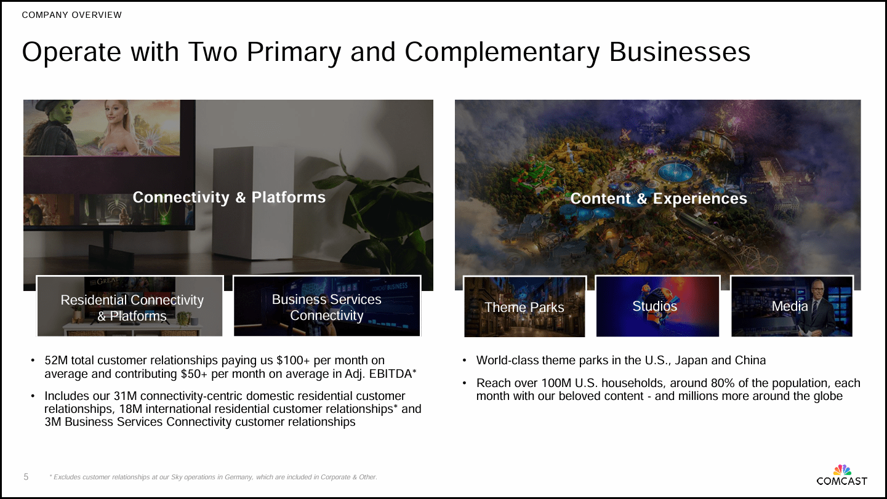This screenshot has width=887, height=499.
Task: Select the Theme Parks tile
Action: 524,306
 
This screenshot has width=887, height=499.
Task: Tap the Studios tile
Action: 657,306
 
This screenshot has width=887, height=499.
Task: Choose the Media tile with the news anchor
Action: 792,306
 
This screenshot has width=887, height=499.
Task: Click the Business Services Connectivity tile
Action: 327,306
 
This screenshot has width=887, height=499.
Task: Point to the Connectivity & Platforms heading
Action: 229,197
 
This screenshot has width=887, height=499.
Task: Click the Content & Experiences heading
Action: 658,198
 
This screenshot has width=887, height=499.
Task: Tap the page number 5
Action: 26,477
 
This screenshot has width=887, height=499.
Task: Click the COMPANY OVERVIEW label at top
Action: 72,15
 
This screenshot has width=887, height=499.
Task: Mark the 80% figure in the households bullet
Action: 674,383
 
